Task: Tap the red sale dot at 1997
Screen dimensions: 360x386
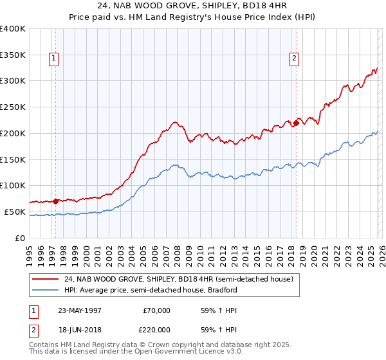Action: coord(55,201)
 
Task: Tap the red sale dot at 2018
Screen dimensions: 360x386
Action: coord(296,123)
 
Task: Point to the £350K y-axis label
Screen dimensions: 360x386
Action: coord(13,55)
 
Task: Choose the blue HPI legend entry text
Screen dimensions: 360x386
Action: coord(151,290)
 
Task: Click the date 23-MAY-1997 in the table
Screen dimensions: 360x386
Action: coord(81,310)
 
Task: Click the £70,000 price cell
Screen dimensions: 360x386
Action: coord(156,310)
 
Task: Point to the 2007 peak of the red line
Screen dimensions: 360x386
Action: coord(174,121)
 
